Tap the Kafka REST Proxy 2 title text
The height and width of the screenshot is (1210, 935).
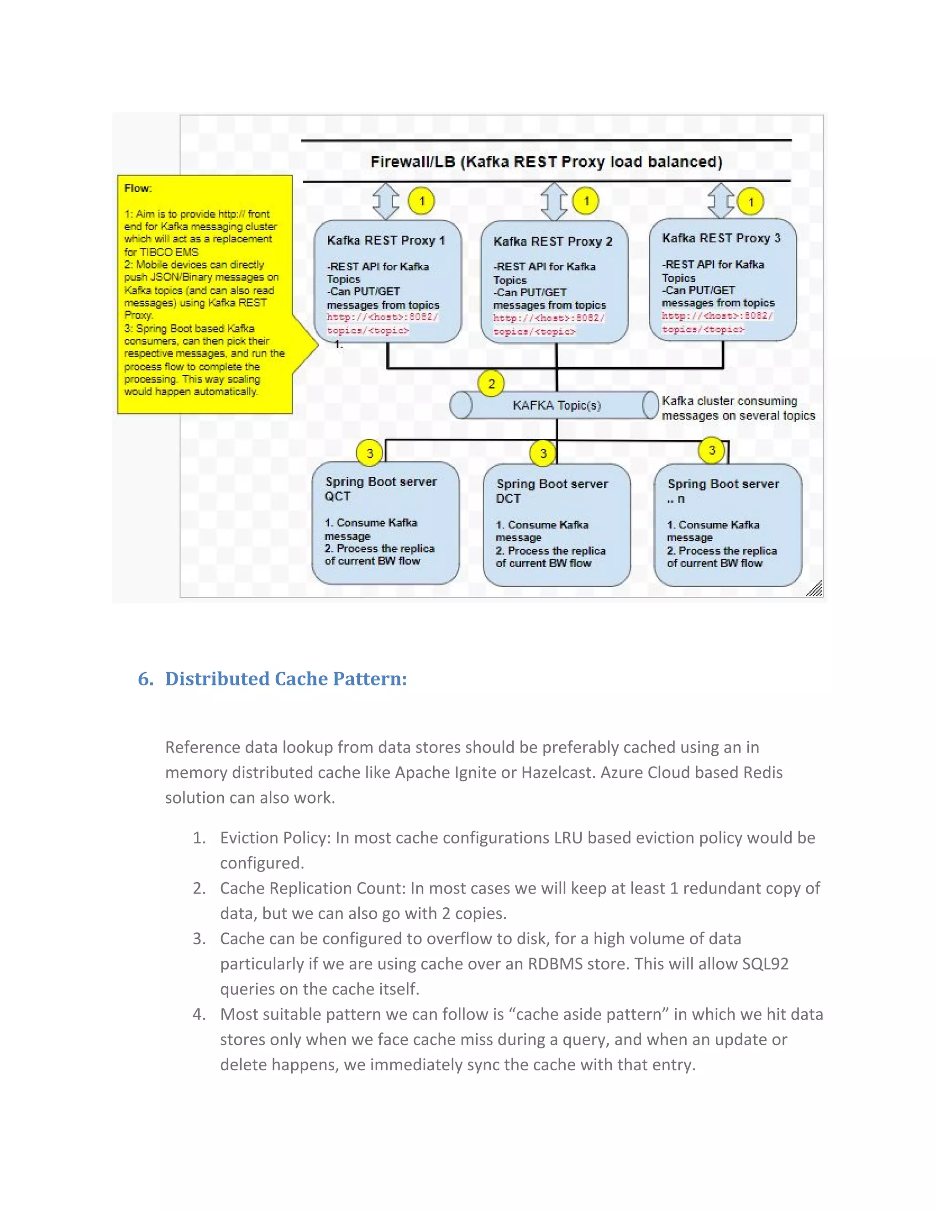[x=553, y=242]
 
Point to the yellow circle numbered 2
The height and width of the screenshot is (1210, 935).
[x=491, y=384]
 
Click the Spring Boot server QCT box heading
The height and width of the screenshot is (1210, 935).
[x=381, y=488]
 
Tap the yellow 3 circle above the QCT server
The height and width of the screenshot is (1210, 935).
[x=369, y=453]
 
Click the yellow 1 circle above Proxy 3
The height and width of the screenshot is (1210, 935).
[x=751, y=202]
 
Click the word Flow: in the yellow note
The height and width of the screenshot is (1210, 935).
[x=138, y=189]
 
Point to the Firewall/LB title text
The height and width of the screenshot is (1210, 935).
[x=546, y=162]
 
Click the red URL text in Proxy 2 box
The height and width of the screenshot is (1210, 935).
[x=548, y=325]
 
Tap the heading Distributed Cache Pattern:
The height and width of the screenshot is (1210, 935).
[x=286, y=679]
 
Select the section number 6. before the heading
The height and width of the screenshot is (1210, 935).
[x=146, y=679]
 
